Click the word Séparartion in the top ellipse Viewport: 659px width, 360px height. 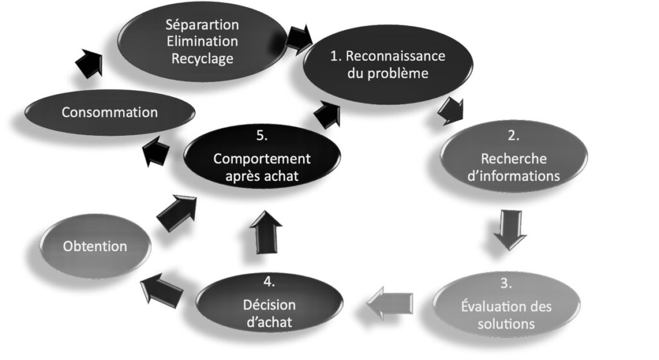[x=201, y=26]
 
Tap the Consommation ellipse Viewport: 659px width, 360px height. [x=109, y=112]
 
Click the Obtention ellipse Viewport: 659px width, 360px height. [x=95, y=246]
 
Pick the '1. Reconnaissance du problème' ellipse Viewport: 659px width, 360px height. [x=387, y=64]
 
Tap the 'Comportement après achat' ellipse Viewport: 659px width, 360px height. [x=262, y=167]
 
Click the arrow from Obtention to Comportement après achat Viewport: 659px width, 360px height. [x=176, y=211]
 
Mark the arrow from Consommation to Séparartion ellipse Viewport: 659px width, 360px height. [x=88, y=64]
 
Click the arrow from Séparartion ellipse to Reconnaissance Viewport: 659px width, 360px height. [x=298, y=39]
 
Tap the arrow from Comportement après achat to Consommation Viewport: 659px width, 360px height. [x=156, y=153]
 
